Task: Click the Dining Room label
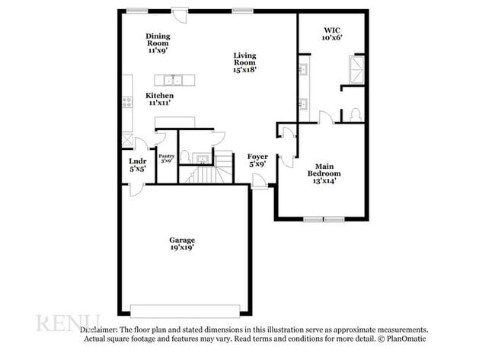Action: [158, 43]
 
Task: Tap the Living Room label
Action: [244, 62]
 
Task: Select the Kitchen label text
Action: [160, 99]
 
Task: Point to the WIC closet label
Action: [333, 33]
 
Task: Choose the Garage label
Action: [182, 244]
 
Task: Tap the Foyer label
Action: [257, 160]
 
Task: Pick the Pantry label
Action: [167, 158]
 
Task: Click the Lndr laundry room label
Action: [137, 165]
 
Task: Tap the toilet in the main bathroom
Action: [355, 115]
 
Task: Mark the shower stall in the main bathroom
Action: [356, 69]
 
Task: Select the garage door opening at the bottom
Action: [185, 311]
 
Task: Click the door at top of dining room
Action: [179, 14]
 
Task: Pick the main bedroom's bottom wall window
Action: [324, 220]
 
